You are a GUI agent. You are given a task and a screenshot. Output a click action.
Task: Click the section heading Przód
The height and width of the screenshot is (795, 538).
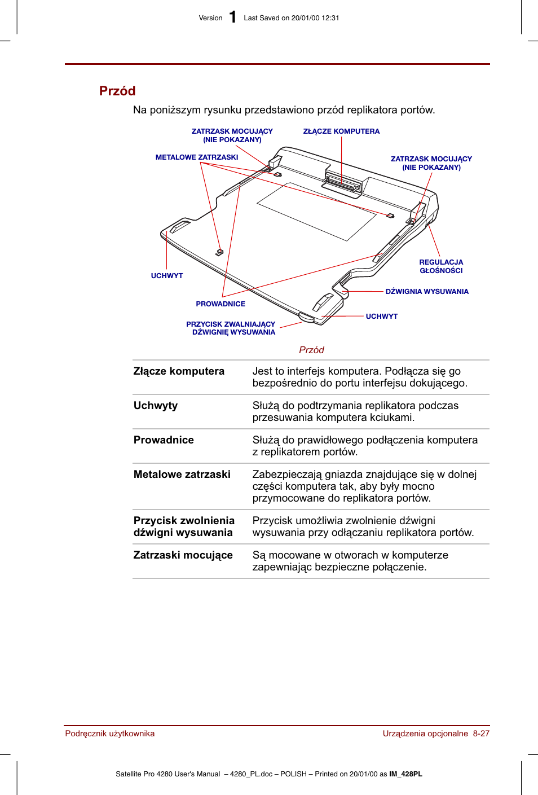(117, 91)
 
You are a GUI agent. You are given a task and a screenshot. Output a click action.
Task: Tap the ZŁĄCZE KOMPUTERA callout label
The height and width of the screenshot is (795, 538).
(341, 131)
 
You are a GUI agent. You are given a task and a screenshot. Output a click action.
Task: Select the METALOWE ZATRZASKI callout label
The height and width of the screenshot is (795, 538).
(197, 157)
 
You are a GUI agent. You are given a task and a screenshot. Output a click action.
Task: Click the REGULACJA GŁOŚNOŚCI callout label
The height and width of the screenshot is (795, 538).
(441, 266)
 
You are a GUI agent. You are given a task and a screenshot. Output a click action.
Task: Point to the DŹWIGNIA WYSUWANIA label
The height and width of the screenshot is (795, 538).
(427, 292)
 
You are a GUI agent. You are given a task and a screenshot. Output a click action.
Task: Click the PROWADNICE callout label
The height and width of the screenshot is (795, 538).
(221, 304)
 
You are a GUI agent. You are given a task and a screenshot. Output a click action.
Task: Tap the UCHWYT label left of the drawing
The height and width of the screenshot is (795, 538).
(167, 276)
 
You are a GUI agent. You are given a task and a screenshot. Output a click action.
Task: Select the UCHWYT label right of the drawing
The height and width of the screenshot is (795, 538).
(382, 317)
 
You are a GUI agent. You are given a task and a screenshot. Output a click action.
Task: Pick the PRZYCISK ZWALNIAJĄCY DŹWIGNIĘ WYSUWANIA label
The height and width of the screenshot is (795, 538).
(231, 328)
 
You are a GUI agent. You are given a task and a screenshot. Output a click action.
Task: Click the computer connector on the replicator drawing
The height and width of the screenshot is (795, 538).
(342, 184)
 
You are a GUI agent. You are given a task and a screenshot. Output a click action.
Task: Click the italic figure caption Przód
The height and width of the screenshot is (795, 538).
(311, 350)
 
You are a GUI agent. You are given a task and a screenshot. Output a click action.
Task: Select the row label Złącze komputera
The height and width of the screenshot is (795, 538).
(179, 371)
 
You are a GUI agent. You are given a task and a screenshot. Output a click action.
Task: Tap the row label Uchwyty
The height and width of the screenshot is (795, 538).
(156, 406)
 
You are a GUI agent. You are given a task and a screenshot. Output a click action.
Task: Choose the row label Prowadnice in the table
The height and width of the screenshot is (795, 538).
(164, 440)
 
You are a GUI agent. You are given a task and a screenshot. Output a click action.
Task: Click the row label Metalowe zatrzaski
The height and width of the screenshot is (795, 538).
(182, 475)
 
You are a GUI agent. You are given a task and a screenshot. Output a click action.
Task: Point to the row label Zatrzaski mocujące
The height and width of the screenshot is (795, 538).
(183, 555)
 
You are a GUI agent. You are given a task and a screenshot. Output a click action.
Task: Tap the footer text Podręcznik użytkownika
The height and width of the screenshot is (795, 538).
(110, 733)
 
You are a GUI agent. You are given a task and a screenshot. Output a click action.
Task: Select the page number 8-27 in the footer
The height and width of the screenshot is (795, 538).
(481, 733)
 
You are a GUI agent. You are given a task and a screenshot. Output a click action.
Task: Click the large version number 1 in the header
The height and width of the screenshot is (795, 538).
(232, 17)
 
